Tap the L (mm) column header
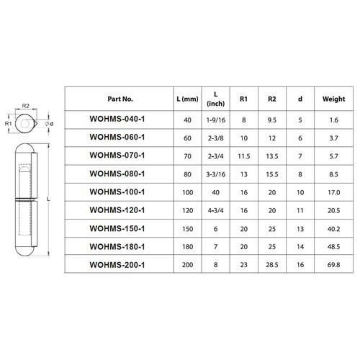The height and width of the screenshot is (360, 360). click(187, 98)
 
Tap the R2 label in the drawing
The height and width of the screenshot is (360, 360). click(25, 106)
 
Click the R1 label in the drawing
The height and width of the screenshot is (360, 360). click(8, 124)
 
